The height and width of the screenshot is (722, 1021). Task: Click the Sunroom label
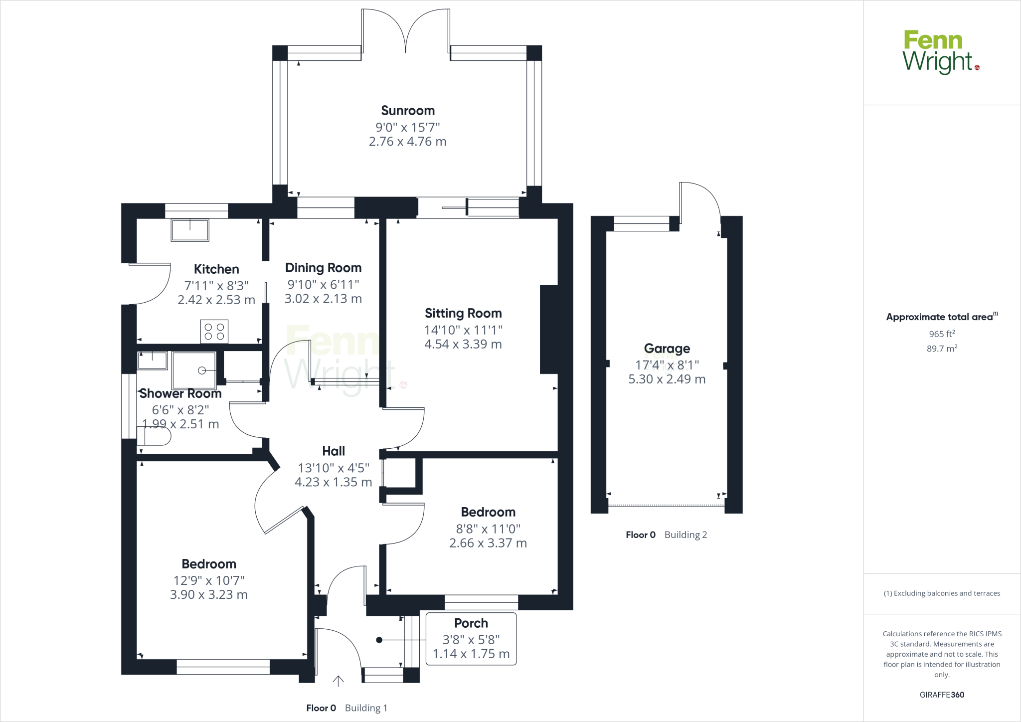click(x=408, y=111)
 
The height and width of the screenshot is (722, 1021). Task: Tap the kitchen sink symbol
click(x=190, y=230)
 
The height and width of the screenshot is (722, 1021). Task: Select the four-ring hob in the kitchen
click(x=214, y=332)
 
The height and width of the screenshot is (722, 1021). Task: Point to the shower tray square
click(x=194, y=370)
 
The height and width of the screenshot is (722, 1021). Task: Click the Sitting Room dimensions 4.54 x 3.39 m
click(x=463, y=344)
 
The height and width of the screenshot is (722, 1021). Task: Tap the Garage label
click(x=667, y=349)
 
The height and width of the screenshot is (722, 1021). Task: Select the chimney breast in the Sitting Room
click(x=548, y=329)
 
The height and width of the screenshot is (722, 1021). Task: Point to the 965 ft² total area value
click(x=942, y=334)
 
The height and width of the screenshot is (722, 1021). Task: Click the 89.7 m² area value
click(x=942, y=349)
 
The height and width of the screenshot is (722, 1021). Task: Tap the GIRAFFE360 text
click(x=942, y=695)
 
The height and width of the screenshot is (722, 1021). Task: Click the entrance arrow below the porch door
click(x=339, y=681)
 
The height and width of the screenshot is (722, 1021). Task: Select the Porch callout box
click(x=471, y=639)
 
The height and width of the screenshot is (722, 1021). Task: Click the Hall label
click(x=334, y=451)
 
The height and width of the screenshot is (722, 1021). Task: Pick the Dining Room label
click(x=323, y=268)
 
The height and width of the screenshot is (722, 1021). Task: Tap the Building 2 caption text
click(x=685, y=535)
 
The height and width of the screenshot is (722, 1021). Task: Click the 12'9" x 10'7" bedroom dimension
click(x=208, y=580)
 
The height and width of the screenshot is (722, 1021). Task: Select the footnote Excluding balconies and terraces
click(x=942, y=593)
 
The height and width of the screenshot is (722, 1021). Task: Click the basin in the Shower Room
click(x=152, y=360)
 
